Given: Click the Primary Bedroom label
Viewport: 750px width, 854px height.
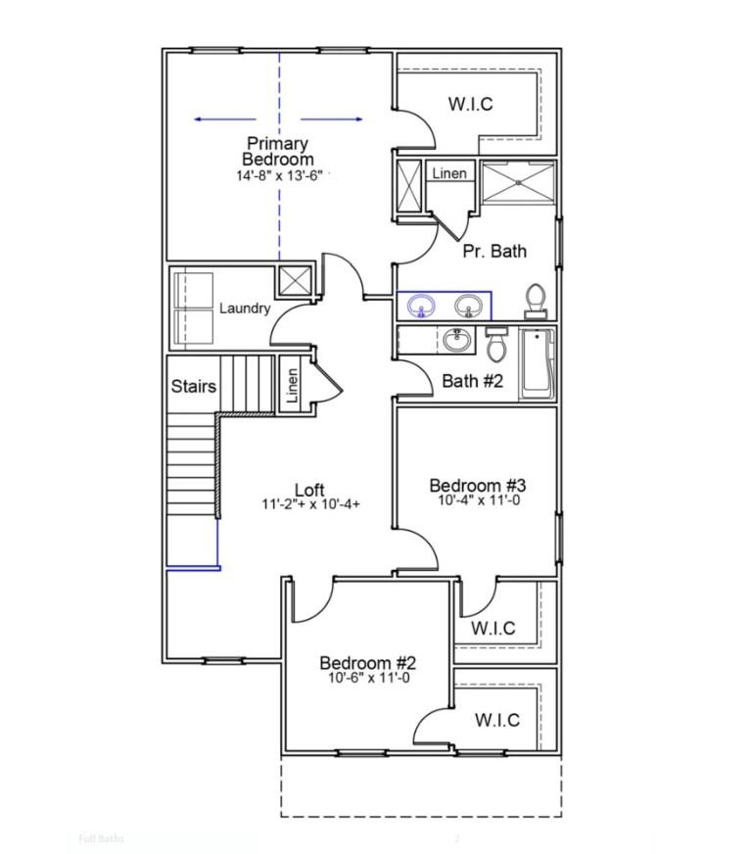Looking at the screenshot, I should point(278,151).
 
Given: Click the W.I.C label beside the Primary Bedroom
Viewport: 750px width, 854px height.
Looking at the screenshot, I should point(470,105).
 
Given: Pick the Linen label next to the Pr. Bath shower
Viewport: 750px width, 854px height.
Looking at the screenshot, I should point(449,173).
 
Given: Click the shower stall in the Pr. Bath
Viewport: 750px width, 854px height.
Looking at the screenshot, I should point(518,182).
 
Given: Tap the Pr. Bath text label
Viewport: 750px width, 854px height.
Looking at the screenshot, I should point(494,251).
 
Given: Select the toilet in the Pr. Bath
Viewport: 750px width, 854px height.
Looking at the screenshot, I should point(535,300).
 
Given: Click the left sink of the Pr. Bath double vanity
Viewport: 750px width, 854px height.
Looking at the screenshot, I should point(422,306).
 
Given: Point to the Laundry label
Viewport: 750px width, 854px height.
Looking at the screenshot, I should point(245,308).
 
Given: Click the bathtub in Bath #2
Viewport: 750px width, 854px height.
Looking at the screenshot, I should point(537,363).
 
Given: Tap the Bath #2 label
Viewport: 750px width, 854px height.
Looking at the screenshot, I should point(472,381).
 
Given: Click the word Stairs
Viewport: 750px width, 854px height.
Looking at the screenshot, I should point(193,386).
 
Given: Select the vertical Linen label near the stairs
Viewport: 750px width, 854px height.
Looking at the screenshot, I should point(292,386).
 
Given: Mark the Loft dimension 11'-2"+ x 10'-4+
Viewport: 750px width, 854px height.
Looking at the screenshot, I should point(310,505).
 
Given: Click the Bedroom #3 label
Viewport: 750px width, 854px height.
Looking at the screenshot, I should point(478,486).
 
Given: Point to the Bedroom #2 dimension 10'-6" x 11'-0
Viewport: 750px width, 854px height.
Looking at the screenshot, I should point(368,678).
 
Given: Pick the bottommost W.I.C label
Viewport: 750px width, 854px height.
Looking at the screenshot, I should point(496,721).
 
